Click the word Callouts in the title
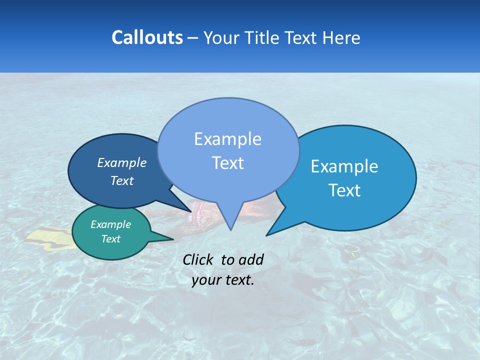(x=147, y=37)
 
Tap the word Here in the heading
(x=342, y=38)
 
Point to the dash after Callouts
(x=192, y=38)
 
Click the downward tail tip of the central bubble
(x=230, y=229)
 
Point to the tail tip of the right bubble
(x=267, y=234)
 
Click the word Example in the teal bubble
(x=110, y=224)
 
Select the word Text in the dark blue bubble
(x=121, y=180)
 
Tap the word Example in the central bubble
(x=227, y=139)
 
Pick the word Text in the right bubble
(x=344, y=190)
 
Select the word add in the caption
(x=251, y=259)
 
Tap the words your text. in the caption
(x=223, y=280)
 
